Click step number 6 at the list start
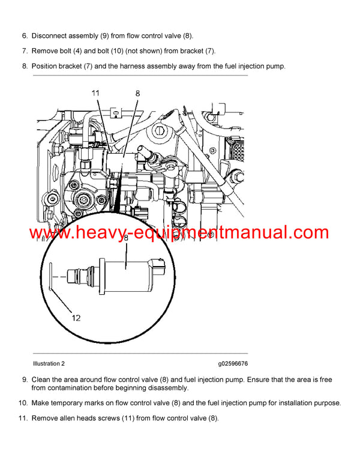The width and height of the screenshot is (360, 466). [25, 36]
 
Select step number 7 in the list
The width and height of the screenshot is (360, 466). [25, 51]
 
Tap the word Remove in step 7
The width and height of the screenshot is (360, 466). [45, 51]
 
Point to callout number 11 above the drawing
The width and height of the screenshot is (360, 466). [97, 93]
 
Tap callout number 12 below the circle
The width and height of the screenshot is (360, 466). [76, 318]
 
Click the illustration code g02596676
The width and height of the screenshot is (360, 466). [233, 363]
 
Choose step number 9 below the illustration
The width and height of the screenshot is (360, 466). [25, 380]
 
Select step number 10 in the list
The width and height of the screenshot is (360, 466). [23, 402]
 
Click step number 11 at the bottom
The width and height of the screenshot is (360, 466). [23, 417]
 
